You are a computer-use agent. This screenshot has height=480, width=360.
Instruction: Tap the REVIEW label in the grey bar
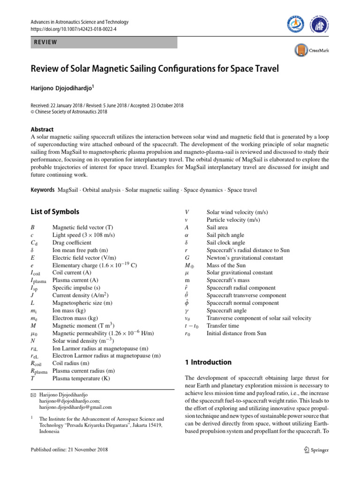(x=45, y=42)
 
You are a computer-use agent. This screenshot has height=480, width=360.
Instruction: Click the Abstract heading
(x=42, y=129)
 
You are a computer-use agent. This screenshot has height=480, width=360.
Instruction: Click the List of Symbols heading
(x=54, y=212)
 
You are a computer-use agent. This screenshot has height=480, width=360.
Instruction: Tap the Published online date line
(x=69, y=450)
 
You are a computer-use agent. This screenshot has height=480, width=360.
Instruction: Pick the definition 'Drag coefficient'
(x=72, y=243)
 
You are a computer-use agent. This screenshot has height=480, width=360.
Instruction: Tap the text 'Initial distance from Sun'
(x=236, y=333)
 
